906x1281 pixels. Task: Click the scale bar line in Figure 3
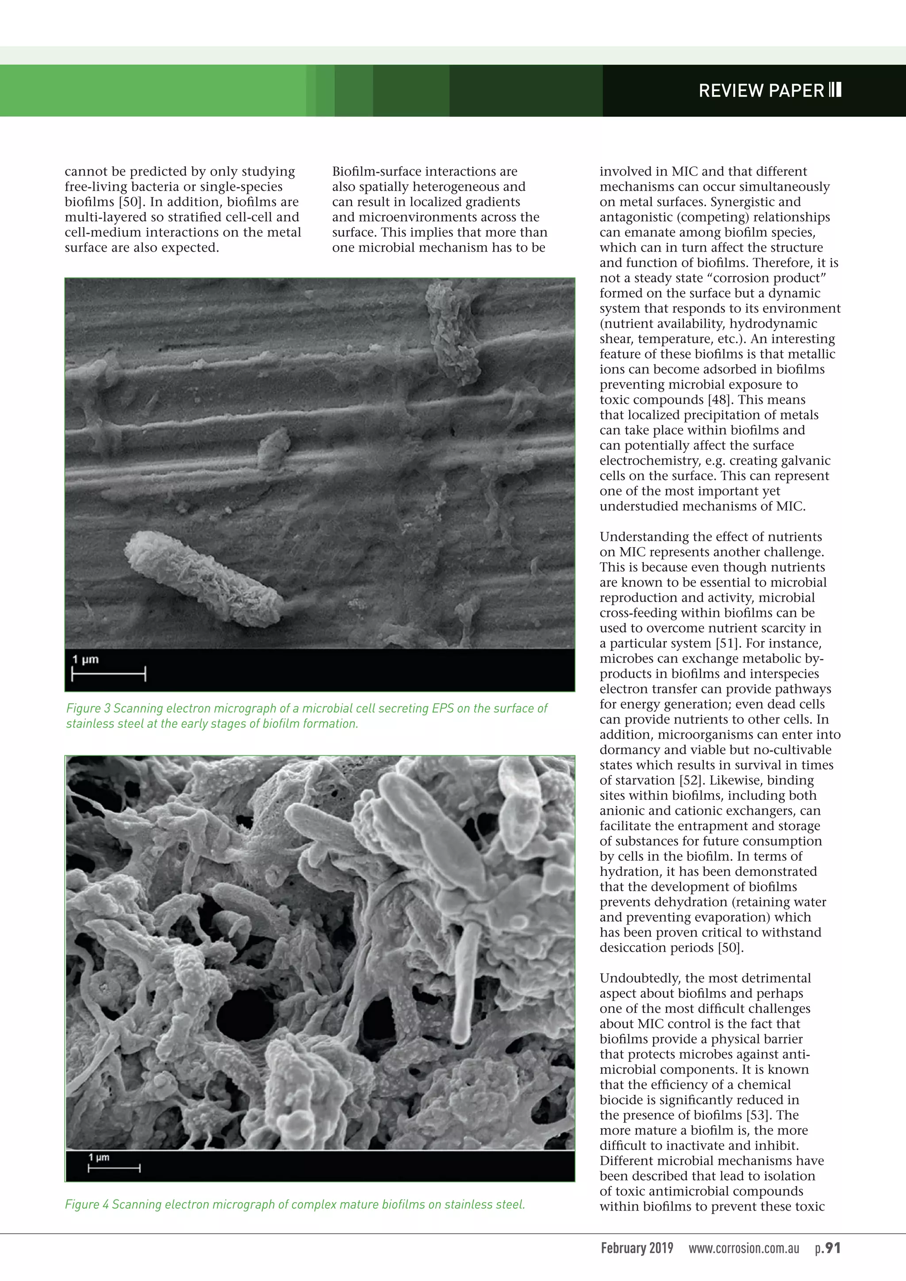tap(108, 674)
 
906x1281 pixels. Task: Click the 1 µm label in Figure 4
tap(99, 1158)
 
